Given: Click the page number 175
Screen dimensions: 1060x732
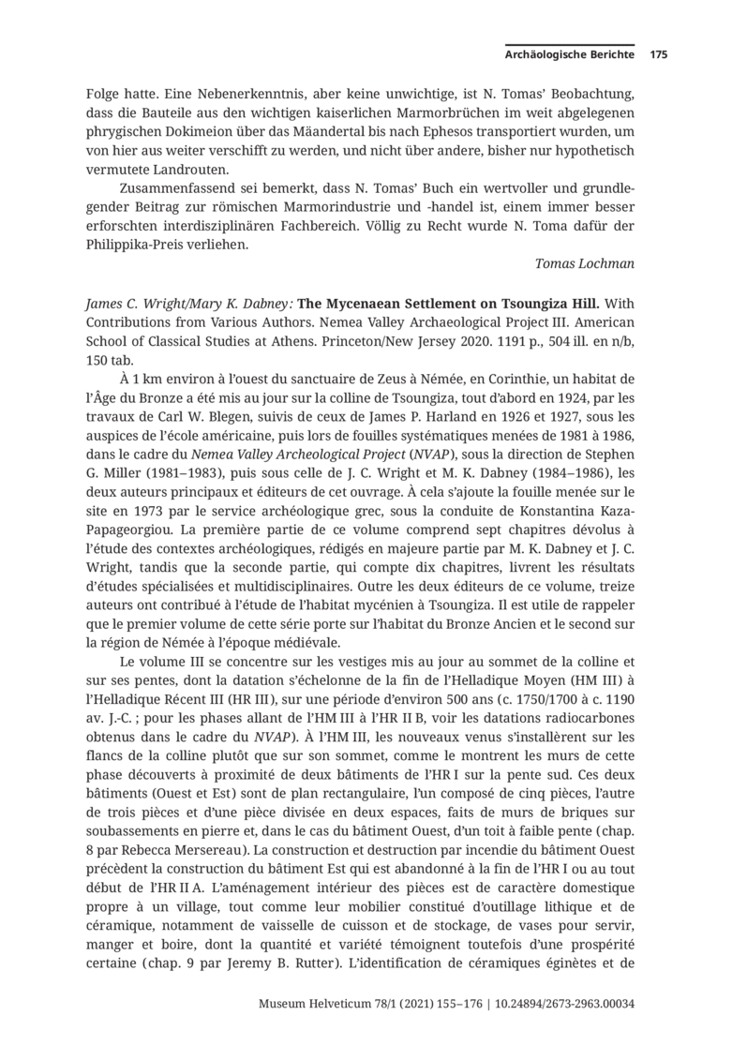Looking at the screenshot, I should (658, 55).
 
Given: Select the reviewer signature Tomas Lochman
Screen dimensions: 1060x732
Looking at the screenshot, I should (584, 263).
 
